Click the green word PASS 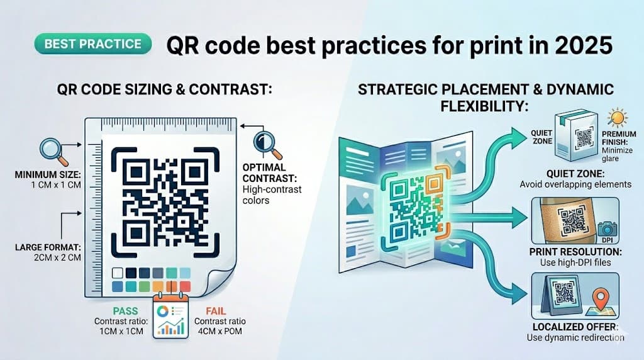(x=125, y=310)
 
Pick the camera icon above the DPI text (x=608, y=228)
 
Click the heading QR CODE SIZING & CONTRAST (x=164, y=89)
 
